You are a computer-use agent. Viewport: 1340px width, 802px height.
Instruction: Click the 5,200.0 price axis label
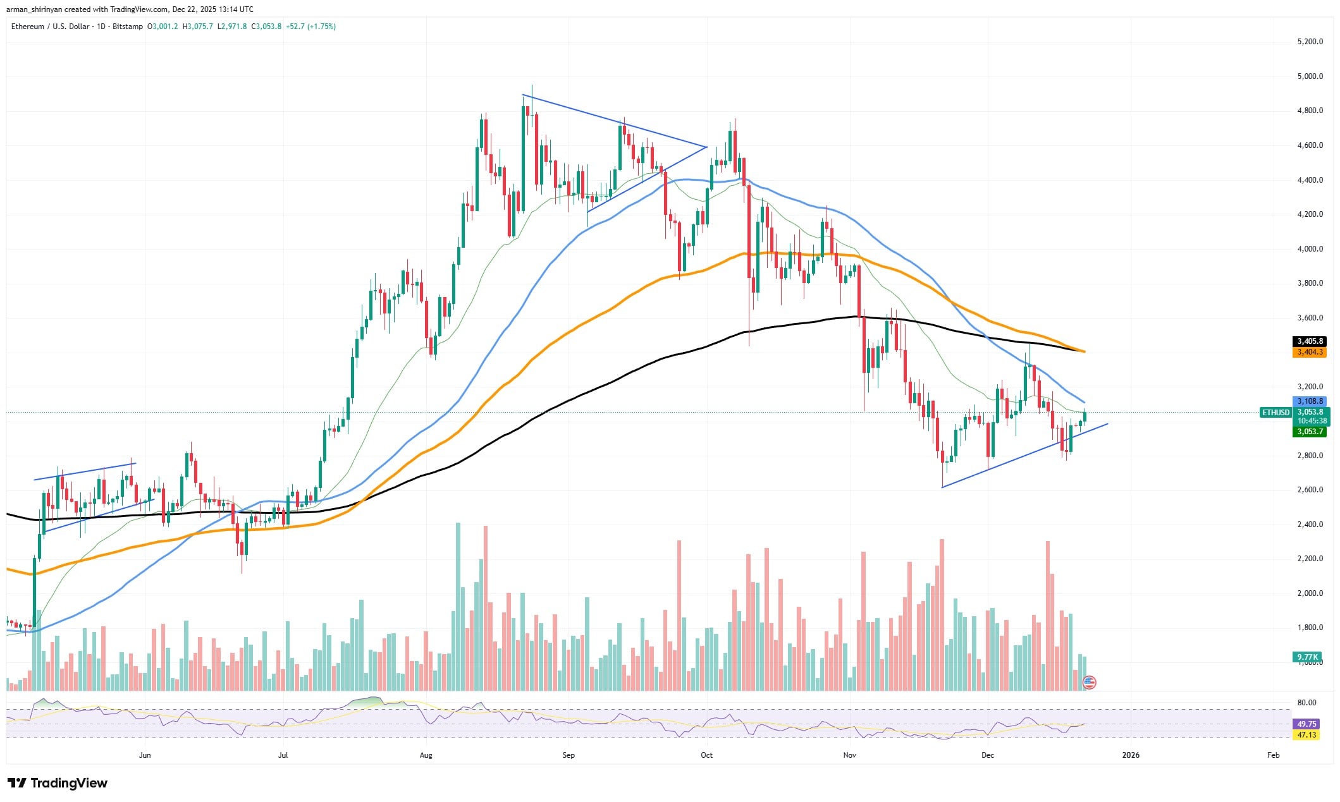(1305, 42)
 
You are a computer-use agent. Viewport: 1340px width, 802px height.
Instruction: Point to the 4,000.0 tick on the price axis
(1305, 249)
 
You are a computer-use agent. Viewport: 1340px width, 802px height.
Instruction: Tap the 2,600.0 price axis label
(1305, 490)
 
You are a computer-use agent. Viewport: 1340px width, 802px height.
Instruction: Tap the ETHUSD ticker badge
(1275, 413)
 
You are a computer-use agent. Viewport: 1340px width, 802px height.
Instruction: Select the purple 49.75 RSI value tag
(1306, 724)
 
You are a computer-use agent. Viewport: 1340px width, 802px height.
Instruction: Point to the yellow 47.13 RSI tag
(1306, 735)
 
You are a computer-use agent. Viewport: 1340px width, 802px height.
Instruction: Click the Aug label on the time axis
(426, 755)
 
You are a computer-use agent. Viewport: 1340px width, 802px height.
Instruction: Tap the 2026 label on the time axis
(1131, 755)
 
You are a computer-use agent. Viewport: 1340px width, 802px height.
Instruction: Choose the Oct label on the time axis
(706, 755)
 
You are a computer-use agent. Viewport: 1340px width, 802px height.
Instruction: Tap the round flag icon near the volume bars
(1089, 682)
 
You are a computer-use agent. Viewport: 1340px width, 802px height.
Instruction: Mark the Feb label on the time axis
(1273, 755)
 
